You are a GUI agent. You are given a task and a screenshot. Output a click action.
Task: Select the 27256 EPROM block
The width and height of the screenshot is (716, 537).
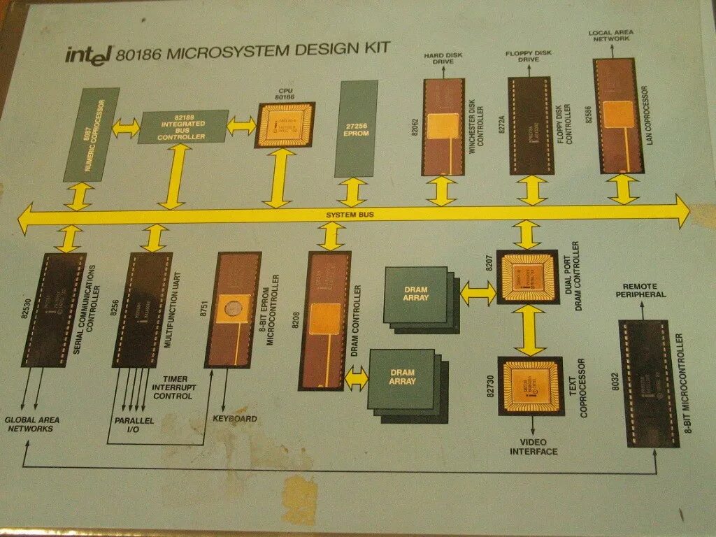[356, 129]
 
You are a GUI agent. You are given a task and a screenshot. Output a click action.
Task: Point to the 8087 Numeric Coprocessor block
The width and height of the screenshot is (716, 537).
[92, 134]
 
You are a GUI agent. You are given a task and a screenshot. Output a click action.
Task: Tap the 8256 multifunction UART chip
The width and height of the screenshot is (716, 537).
[143, 310]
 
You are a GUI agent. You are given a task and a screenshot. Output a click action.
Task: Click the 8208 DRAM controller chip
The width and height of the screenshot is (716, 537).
[325, 320]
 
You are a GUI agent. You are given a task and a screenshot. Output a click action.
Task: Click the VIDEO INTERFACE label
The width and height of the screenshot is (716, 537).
[534, 447]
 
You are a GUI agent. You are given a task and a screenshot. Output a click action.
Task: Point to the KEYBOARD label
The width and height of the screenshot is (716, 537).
[234, 420]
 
